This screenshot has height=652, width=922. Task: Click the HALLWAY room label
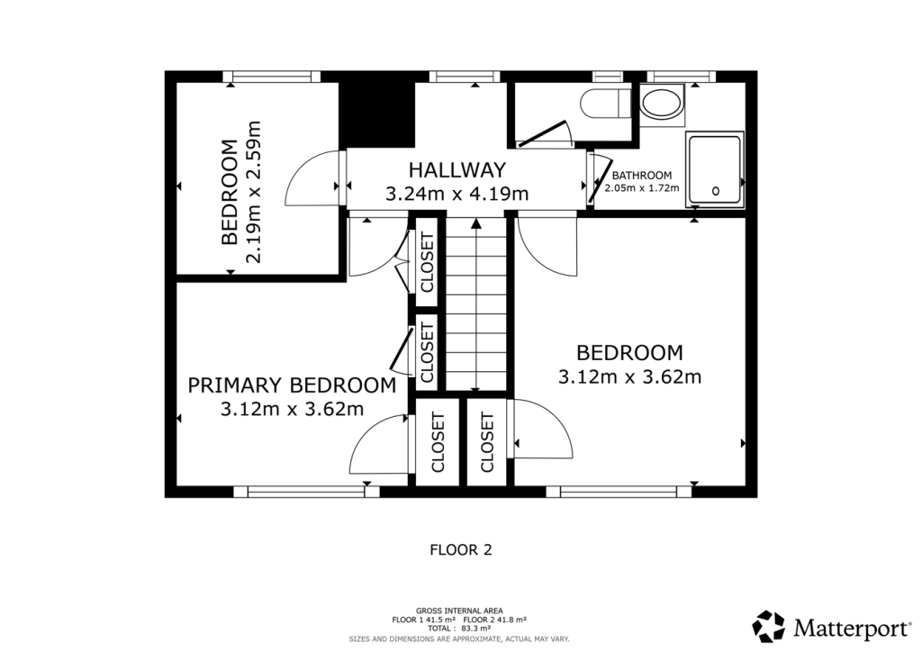tap(456, 169)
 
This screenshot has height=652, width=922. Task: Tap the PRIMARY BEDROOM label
tap(292, 385)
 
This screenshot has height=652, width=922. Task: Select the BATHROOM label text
tap(642, 175)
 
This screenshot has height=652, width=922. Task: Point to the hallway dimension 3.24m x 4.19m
tap(456, 193)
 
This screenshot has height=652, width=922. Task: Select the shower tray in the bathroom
tap(714, 169)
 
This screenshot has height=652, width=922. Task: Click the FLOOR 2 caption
tap(460, 548)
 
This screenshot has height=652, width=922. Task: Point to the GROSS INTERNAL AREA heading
tap(459, 611)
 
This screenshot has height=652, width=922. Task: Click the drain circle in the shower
tap(716, 191)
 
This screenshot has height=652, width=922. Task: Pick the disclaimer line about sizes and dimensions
tap(459, 638)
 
